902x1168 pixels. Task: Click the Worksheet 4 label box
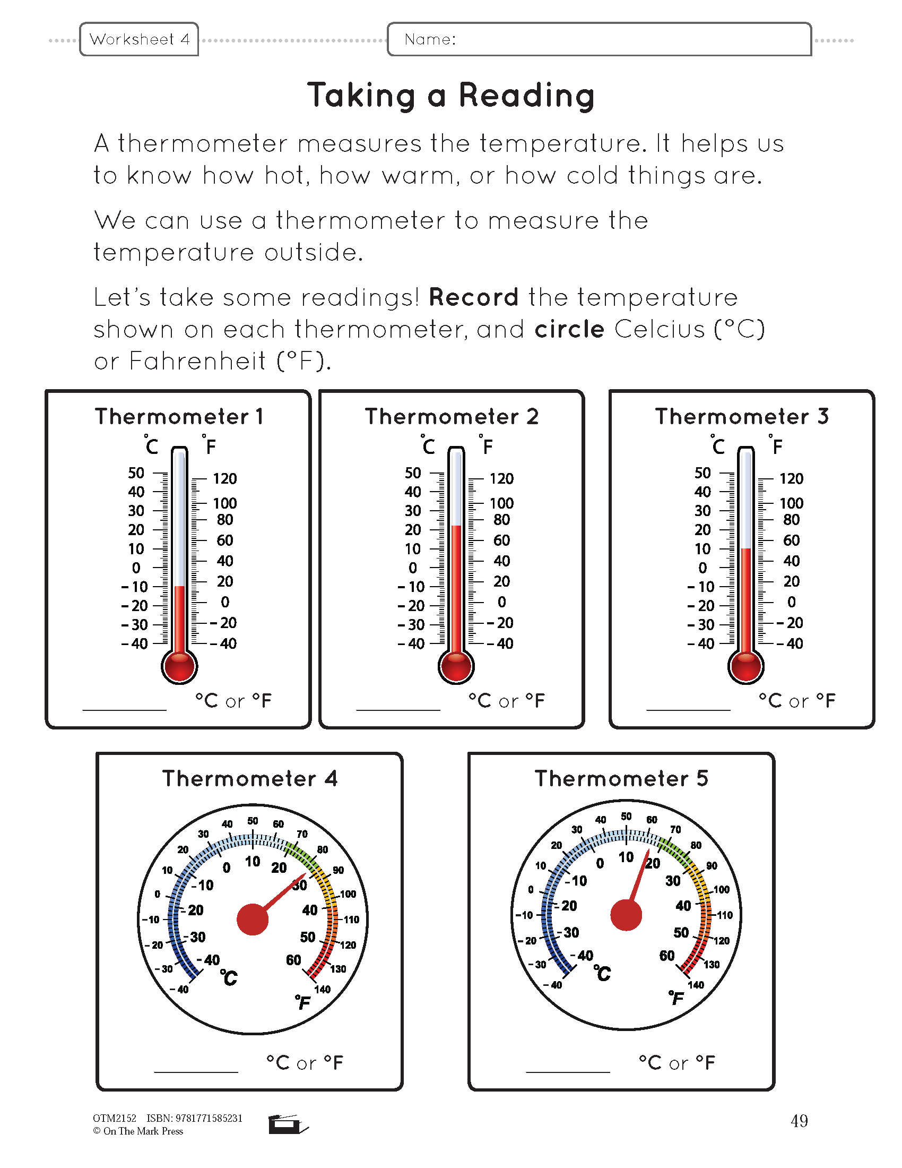139,39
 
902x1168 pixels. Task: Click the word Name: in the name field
430,39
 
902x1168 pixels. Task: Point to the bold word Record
473,297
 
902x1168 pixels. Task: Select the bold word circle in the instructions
569,330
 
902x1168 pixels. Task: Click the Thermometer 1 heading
179,417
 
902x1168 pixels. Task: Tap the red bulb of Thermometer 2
456,667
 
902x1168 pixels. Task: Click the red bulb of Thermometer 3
745,667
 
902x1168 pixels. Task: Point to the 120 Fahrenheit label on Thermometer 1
224,479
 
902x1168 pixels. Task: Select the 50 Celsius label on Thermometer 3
702,473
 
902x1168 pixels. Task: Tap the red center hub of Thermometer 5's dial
626,915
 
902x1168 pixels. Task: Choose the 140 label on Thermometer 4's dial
322,990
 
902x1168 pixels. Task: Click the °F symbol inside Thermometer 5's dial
676,998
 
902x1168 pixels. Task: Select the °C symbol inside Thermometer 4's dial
229,977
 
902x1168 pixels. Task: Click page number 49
799,1121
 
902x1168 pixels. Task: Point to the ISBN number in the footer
195,1118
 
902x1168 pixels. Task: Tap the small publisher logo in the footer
288,1124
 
